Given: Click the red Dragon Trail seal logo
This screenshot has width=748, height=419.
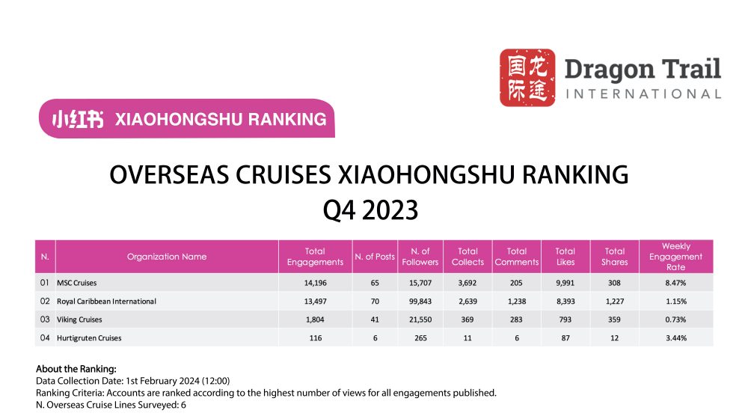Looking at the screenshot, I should [527, 78].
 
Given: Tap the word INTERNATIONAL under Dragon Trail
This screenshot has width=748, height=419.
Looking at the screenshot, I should [643, 94].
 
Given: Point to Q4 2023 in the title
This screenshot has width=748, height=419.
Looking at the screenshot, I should [370, 210].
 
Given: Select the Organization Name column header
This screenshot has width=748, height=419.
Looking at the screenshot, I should [167, 257].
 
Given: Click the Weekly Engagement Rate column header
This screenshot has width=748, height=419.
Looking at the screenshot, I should [675, 257].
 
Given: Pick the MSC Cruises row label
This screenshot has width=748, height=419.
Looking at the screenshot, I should [77, 283].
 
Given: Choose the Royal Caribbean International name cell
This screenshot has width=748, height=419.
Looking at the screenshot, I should [106, 302].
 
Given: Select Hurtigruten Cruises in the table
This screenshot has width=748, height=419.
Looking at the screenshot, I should [89, 338].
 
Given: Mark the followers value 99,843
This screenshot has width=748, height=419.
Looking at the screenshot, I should [420, 302].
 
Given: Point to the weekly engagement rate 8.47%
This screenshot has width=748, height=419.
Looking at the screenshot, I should [675, 283].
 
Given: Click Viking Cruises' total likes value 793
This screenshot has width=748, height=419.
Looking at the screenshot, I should [565, 319].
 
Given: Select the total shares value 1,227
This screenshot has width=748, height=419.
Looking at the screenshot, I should [614, 302].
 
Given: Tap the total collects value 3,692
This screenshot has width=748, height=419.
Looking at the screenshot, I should [467, 283].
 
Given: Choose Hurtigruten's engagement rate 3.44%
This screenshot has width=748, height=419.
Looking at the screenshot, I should [675, 338].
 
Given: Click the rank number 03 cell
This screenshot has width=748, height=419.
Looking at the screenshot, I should [44, 319].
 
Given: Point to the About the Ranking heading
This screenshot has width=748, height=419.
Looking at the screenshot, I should [76, 369].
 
